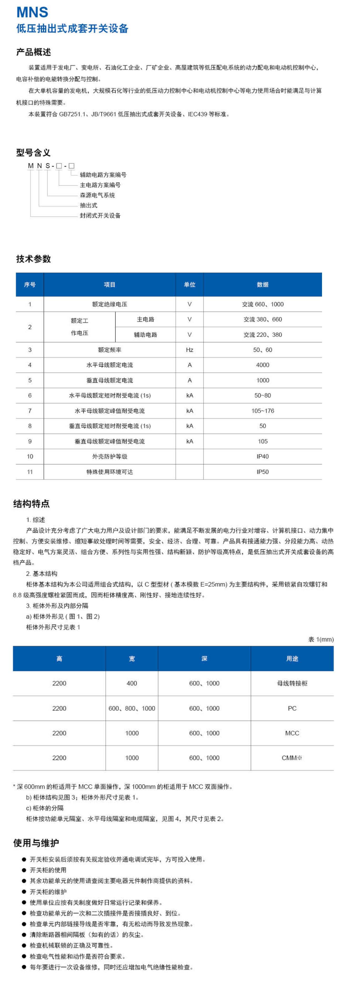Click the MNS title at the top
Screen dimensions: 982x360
point(32,12)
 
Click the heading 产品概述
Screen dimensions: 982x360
point(33,52)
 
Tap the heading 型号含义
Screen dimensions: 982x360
point(33,153)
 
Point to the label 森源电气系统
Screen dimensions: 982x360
point(97,195)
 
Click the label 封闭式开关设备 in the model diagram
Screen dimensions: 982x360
point(100,215)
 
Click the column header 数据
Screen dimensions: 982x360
point(262,284)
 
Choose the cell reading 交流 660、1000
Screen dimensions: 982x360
point(262,304)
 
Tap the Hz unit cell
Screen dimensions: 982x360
point(190,350)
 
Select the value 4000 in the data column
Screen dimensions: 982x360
point(262,365)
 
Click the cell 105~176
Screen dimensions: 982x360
point(262,410)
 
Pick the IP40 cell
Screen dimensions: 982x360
point(262,456)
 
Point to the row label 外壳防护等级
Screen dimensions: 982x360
point(109,456)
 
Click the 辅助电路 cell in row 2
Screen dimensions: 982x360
point(145,335)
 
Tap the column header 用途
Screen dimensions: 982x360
point(292,658)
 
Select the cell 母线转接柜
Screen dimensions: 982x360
point(292,683)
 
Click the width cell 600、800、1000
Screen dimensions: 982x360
point(132,708)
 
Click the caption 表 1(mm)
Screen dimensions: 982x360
point(321,639)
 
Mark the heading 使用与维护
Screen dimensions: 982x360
point(36,843)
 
